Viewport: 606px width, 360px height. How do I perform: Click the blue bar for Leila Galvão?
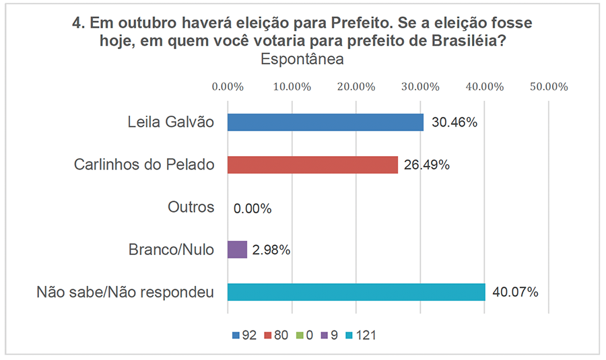(325, 122)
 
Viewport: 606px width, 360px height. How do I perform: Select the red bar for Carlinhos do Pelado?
(312, 165)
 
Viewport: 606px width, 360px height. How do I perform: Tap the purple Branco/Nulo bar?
(237, 250)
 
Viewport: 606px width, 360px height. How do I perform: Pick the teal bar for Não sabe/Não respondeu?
(356, 292)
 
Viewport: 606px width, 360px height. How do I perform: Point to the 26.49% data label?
(428, 165)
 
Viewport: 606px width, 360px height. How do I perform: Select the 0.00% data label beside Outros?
(252, 208)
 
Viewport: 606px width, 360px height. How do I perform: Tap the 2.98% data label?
(271, 250)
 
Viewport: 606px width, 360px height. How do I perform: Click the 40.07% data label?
(515, 293)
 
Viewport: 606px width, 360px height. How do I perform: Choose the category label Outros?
(191, 207)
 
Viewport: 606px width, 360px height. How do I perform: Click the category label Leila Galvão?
(171, 122)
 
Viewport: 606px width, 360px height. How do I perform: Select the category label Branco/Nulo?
(171, 250)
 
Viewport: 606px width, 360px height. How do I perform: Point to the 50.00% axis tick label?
(549, 86)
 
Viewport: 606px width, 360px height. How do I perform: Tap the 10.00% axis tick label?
(292, 86)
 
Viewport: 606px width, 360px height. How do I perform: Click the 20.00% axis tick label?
(356, 86)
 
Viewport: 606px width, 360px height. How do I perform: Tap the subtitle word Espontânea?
(302, 59)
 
